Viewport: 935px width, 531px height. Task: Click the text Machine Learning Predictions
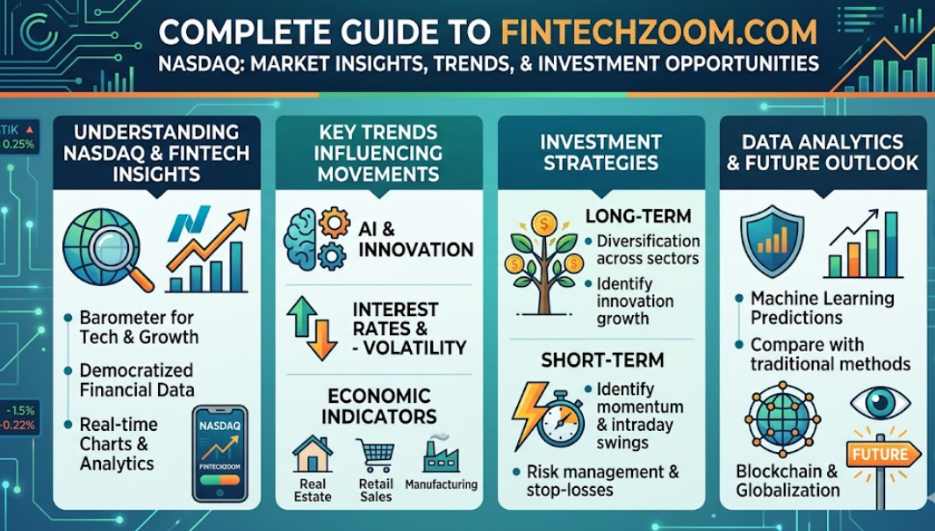click(x=821, y=308)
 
